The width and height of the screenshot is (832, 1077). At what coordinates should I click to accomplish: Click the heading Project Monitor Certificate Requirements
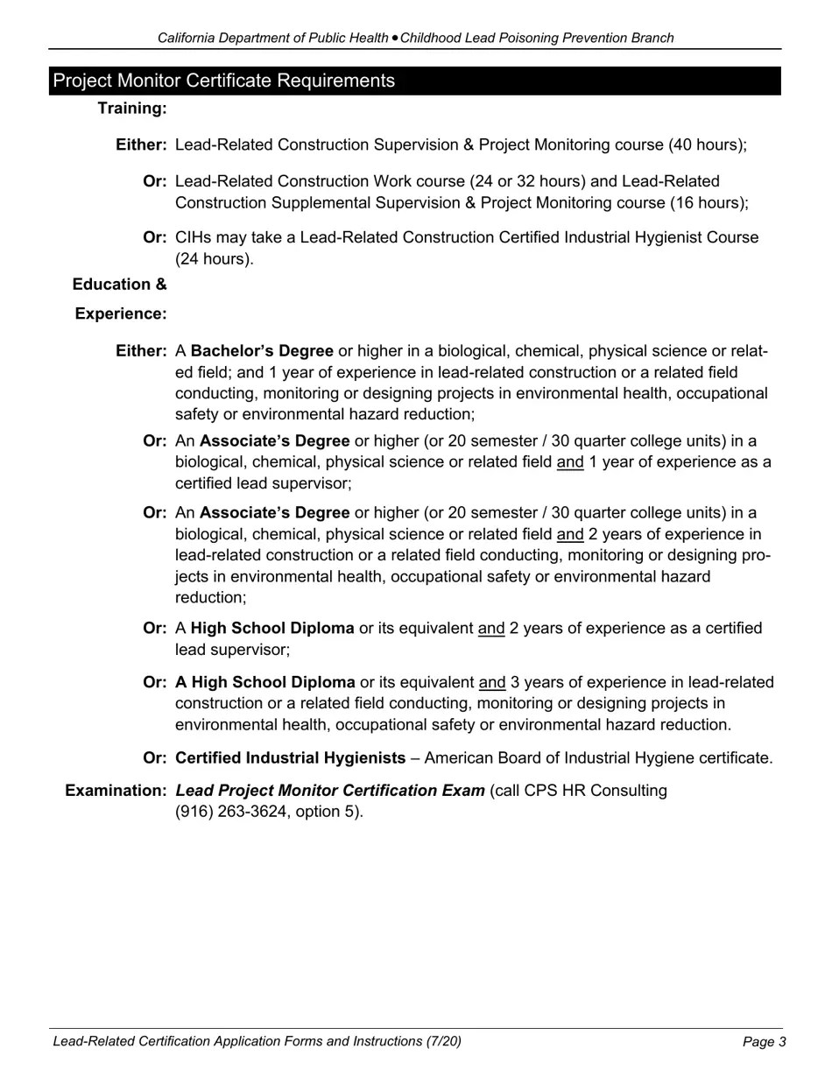point(224,81)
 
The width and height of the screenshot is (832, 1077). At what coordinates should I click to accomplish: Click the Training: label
point(132,109)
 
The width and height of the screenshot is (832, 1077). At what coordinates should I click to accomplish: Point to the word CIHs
point(193,237)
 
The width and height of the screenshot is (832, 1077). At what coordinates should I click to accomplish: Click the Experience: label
point(121,313)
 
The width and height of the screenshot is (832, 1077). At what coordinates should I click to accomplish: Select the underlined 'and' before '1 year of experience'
point(570,461)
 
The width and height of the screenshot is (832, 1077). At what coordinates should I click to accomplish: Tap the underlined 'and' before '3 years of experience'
point(492,682)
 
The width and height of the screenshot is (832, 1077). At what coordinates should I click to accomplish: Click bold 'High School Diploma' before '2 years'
point(272,629)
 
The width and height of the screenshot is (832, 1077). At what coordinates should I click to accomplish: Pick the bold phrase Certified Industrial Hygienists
point(291,758)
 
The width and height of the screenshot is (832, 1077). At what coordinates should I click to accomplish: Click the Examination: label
point(116,791)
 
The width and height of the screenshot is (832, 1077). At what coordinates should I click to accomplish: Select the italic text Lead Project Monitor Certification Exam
point(330,791)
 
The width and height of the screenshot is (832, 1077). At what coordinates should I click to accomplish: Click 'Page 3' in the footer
point(764,1042)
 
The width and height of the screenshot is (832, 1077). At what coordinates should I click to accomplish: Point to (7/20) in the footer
point(444,1041)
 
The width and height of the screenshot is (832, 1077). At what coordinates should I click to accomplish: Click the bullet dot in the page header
point(395,38)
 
